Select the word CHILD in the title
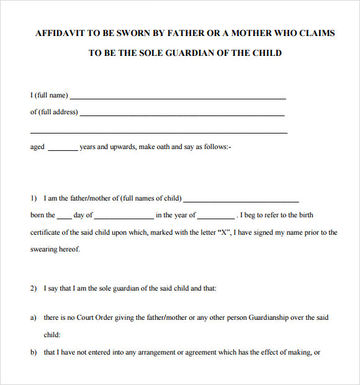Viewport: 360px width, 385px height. point(266,53)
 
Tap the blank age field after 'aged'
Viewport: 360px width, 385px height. point(63,150)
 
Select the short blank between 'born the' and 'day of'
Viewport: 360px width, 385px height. point(65,218)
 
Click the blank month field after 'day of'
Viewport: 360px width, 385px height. point(124,218)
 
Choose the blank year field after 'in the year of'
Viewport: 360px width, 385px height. point(216,218)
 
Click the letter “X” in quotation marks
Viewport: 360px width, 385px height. point(222,232)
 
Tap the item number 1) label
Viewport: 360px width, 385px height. point(34,199)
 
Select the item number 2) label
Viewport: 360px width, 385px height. point(34,288)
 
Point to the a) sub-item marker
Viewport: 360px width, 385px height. point(34,317)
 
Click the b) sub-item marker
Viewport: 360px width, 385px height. point(34,353)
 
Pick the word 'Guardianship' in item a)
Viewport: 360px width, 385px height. point(269,317)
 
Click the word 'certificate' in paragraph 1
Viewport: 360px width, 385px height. point(47,232)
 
